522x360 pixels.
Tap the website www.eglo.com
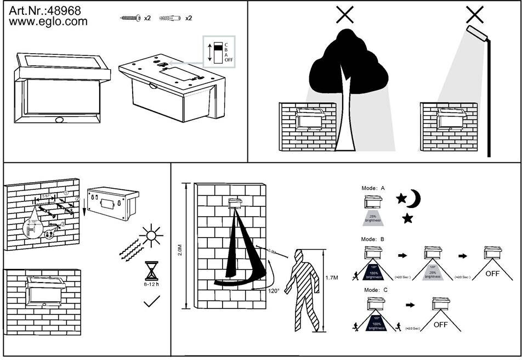click(48, 21)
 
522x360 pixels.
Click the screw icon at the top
click(130, 18)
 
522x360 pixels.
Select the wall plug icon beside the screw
click(171, 18)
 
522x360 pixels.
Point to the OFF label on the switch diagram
click(229, 59)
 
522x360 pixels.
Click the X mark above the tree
click(344, 15)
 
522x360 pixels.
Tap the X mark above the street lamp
click(475, 14)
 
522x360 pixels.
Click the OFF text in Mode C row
click(441, 325)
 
